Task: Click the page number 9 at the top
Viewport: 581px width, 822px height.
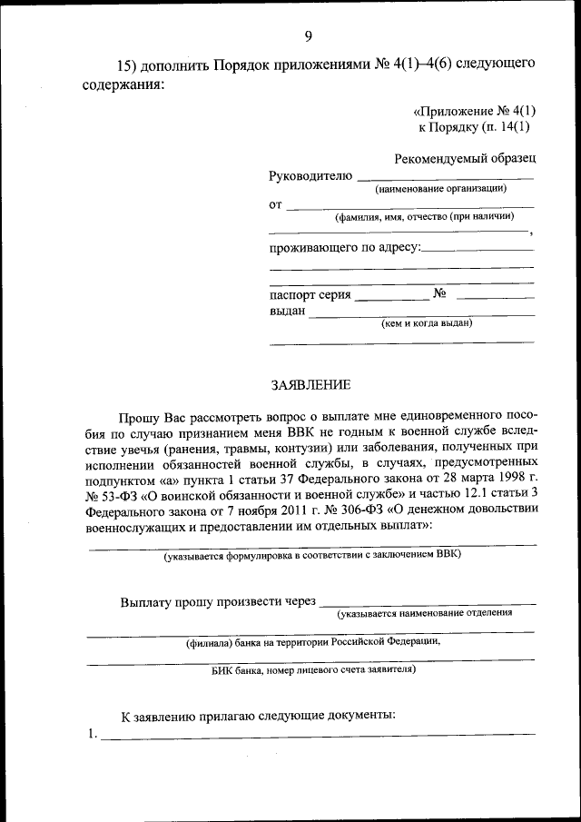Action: pos(308,36)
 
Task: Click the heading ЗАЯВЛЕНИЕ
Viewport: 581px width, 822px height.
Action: pos(310,386)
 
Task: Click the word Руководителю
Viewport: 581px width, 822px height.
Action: pos(310,175)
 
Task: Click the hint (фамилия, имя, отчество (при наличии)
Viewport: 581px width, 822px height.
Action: pos(424,217)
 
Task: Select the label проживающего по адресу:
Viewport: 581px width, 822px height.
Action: pos(345,248)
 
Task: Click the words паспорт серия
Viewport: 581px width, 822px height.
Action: pos(310,295)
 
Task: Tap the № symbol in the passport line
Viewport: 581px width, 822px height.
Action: pos(441,294)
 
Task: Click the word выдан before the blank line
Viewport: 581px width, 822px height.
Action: pos(287,312)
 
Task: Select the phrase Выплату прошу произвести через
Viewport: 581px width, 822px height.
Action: pos(218,601)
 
